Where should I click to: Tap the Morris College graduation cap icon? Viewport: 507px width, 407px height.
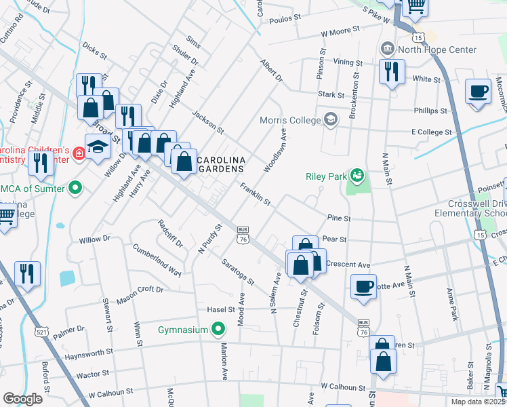[330, 120]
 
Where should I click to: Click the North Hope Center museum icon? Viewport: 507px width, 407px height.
[388, 49]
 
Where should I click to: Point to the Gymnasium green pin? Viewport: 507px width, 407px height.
[218, 330]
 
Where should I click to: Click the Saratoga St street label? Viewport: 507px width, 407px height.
[237, 271]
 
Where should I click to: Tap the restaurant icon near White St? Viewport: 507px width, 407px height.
[391, 73]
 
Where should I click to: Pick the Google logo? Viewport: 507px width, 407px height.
[22, 398]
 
